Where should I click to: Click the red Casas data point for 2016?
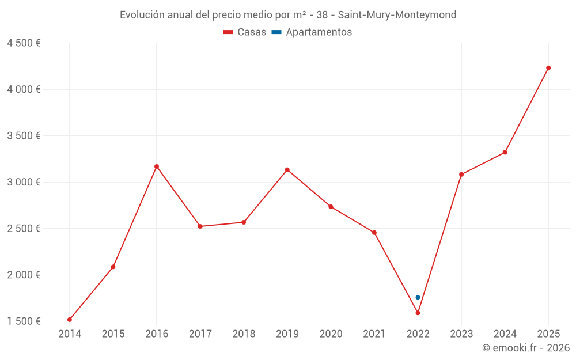tap(157, 166)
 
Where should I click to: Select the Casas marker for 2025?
tap(548, 68)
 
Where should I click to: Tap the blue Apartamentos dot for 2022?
tap(418, 297)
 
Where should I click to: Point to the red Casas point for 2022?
tap(418, 313)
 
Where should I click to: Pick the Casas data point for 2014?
tap(70, 320)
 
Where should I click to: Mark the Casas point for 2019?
tap(287, 170)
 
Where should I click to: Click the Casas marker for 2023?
tap(461, 175)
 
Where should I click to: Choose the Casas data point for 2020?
tap(331, 207)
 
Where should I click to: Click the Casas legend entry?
tap(245, 32)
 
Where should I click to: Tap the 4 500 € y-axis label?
tap(24, 43)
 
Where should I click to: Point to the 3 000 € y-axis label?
tap(24, 182)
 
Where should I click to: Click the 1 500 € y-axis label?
tap(24, 321)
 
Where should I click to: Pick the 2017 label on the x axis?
tap(200, 334)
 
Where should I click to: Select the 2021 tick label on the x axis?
tap(374, 334)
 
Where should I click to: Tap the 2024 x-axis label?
tap(505, 334)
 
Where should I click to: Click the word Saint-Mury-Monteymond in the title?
tap(397, 15)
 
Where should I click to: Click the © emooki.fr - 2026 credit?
tap(526, 348)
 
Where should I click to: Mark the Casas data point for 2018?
tap(244, 222)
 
